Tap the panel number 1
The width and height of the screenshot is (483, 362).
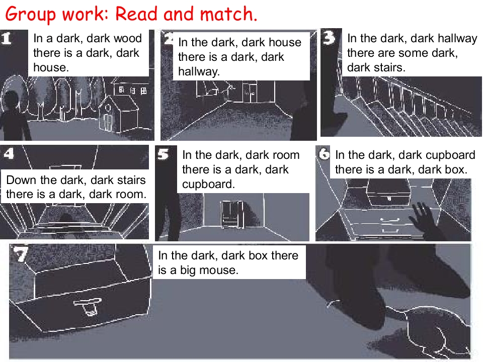(6, 39)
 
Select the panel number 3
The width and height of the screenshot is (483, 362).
(329, 38)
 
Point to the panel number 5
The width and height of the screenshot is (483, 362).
(163, 154)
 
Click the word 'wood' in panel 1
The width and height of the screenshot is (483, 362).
(128, 39)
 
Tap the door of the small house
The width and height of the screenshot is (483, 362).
(108, 122)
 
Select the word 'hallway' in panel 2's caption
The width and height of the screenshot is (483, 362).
(199, 72)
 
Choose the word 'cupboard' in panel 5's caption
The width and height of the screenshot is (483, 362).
(208, 184)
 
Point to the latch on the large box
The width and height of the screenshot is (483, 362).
(88, 307)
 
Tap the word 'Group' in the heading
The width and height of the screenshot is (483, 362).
(31, 15)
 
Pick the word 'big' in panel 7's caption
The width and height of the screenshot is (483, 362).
(188, 270)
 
